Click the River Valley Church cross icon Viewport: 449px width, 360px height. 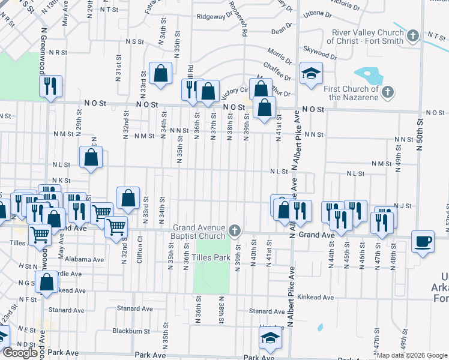[x=412, y=37]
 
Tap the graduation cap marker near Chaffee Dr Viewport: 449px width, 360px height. [x=311, y=74]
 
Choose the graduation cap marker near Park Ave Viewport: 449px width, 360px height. [x=270, y=338]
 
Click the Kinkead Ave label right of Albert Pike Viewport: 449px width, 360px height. [x=315, y=298]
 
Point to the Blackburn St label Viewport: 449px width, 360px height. [x=131, y=331]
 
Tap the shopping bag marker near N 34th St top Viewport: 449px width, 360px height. [x=161, y=74]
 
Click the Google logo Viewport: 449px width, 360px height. [x=20, y=353]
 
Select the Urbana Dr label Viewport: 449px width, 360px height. [x=318, y=13]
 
